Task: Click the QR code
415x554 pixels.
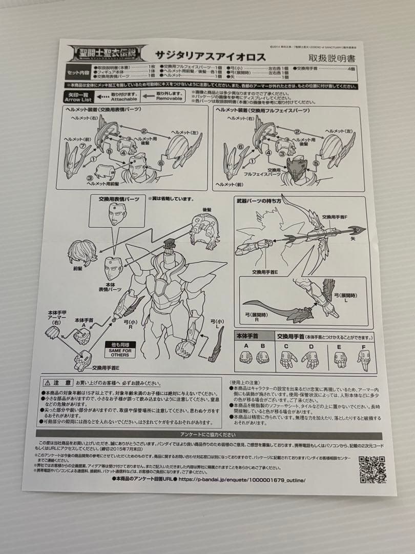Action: point(371,468)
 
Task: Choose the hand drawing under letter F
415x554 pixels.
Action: point(364,360)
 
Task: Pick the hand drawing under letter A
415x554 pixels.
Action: point(246,358)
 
